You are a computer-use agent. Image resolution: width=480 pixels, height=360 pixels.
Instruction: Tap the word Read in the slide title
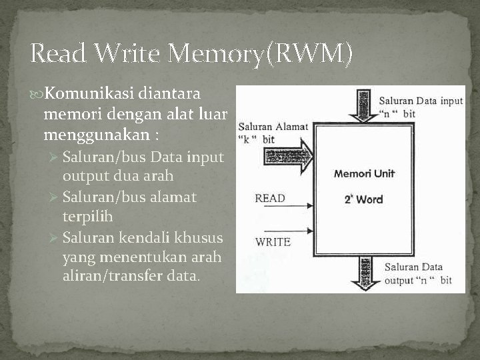58,53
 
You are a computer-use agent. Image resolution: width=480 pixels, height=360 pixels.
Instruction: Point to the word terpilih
87,217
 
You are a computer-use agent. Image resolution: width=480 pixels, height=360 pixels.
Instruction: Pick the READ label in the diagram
270,198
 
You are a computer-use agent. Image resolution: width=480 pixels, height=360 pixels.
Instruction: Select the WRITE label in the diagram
273,241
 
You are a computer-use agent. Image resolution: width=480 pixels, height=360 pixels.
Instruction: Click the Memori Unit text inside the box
364,174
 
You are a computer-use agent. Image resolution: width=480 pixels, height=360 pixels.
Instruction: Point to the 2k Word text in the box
363,199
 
